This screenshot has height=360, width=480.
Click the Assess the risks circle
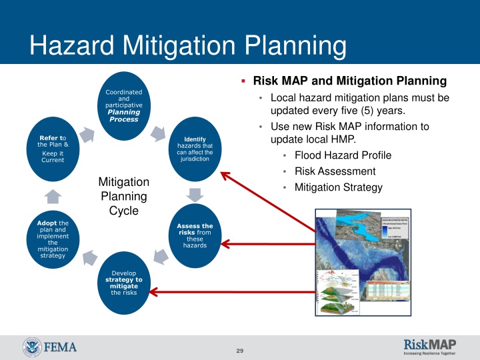tap(195, 236)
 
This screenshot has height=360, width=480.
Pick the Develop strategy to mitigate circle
tap(124, 283)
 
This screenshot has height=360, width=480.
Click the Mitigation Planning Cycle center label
tap(124, 196)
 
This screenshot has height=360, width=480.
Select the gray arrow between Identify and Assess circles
tap(195, 195)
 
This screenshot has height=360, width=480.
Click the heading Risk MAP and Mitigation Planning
tap(351, 81)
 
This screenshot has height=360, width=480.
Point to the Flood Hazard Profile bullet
tap(343, 155)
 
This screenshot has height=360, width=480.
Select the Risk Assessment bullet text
tap(335, 171)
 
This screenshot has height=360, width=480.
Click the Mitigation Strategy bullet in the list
tap(338, 187)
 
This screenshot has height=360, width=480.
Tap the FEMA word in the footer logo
tap(61, 347)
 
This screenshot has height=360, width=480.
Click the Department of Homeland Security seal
tap(32, 347)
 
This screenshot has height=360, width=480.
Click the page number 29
tap(240, 351)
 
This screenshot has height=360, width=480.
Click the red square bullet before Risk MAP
tap(244, 81)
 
